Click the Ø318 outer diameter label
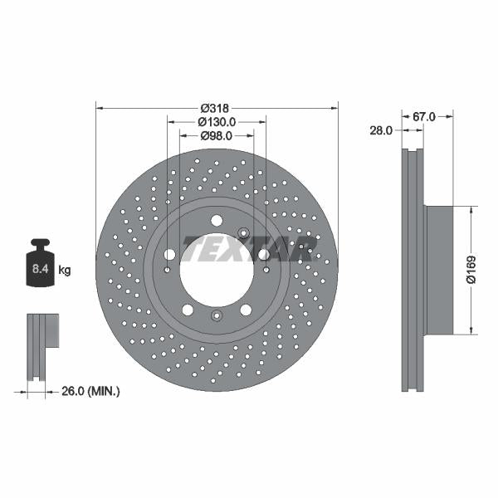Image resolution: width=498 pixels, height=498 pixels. point(215,108)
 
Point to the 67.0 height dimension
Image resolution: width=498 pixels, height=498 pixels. point(424,118)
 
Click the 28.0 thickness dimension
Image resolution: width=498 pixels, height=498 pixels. point(381,129)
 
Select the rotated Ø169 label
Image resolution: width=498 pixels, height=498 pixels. point(471,270)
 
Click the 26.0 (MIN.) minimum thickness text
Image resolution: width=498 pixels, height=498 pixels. point(92,389)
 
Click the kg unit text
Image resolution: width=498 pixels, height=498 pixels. point(65,271)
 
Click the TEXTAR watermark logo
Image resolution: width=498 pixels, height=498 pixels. point(249,247)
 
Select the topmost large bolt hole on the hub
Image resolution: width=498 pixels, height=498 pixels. point(217,220)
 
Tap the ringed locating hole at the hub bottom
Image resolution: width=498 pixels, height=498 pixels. point(216,315)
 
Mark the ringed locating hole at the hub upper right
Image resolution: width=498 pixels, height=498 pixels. point(243,232)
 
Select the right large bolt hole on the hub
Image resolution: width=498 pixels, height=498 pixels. point(263,255)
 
